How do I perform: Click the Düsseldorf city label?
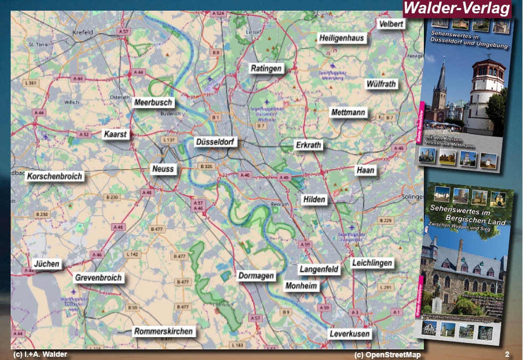pyautogui.click(x=216, y=142)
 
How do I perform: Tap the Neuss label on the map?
pyautogui.click(x=163, y=169)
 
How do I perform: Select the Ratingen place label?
pyautogui.click(x=266, y=68)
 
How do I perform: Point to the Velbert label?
pyautogui.click(x=391, y=24)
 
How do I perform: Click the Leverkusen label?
pyautogui.click(x=349, y=334)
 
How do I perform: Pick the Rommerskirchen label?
pyautogui.click(x=163, y=331)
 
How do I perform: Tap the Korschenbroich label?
pyautogui.click(x=55, y=176)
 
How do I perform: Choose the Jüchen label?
pyautogui.click(x=47, y=263)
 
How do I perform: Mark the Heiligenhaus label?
pyautogui.click(x=341, y=38)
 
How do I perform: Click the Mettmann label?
pyautogui.click(x=348, y=113)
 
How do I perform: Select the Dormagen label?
pyautogui.click(x=256, y=276)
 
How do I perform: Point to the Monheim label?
pyautogui.click(x=301, y=286)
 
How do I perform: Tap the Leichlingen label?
pyautogui.click(x=372, y=262)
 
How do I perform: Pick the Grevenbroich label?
pyautogui.click(x=99, y=277)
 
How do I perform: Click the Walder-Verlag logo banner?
pyautogui.click(x=457, y=9)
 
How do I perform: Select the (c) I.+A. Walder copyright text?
pyautogui.click(x=40, y=354)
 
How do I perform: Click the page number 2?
pyautogui.click(x=507, y=354)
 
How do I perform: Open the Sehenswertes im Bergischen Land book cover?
pyautogui.click(x=468, y=261)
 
